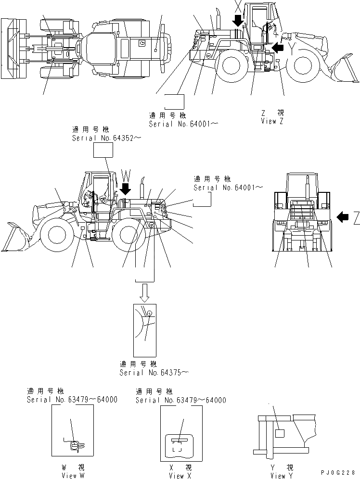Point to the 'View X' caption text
(180, 475)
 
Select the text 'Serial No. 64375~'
(154, 372)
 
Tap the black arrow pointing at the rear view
(343, 217)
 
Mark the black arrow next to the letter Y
(277, 47)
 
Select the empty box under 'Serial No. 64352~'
(103, 151)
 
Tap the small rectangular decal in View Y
(281, 433)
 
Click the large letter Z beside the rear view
(356, 218)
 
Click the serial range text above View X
(180, 400)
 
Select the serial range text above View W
(72, 400)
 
